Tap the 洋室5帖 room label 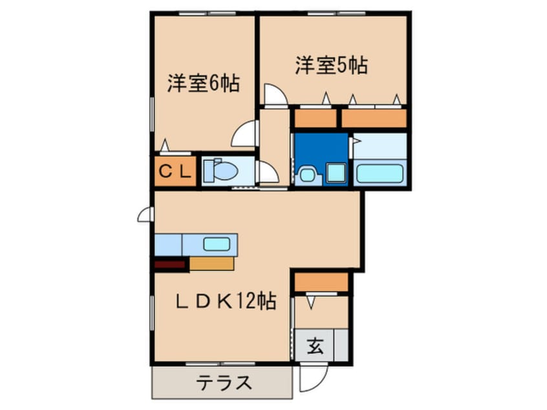pos(332,65)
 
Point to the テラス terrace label pos(224,383)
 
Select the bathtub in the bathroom pos(380,174)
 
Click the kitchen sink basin pos(217,244)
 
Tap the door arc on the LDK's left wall pos(145,214)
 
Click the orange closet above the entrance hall pos(321,283)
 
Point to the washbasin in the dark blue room pos(306,175)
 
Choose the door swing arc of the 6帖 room pos(245,135)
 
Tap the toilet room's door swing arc pos(267,173)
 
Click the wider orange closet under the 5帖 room pos(374,118)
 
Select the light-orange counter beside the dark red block pos(211,263)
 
